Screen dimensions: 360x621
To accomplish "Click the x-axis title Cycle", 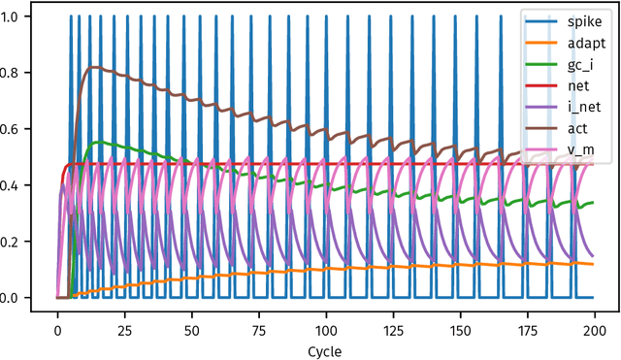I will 324,349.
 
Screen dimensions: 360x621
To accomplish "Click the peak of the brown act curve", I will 90,67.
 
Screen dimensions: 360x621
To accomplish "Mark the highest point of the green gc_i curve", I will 96,142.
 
